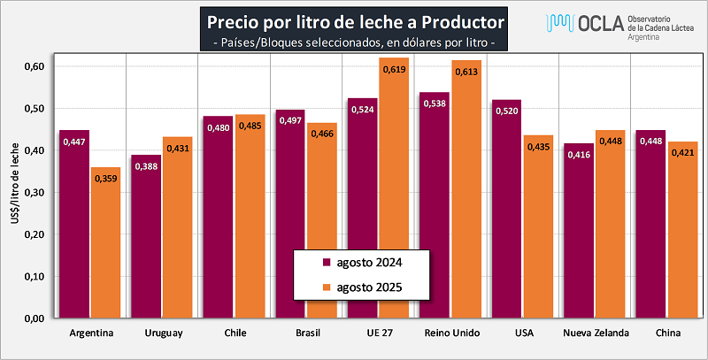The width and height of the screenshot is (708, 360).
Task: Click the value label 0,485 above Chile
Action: click(x=250, y=126)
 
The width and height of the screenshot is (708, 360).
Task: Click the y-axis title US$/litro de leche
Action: click(x=14, y=191)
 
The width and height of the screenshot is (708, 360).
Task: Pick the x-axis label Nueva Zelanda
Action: click(x=596, y=333)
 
